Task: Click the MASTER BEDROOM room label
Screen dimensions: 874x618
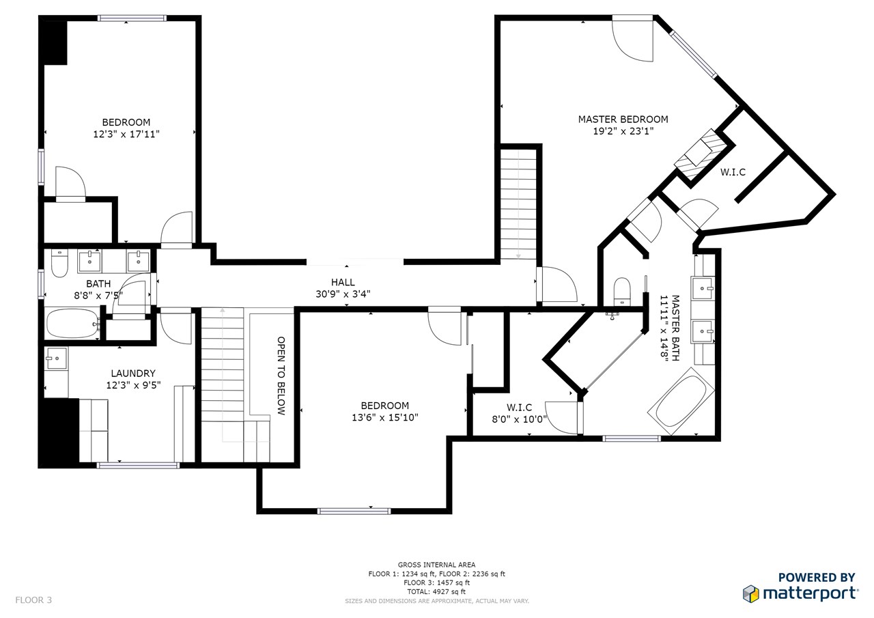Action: tap(623, 120)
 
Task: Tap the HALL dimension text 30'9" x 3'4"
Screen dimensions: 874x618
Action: tap(343, 294)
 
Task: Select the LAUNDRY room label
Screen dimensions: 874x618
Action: tap(133, 374)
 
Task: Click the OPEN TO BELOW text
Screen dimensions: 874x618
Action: tap(281, 376)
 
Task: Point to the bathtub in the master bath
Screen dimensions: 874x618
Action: tap(681, 401)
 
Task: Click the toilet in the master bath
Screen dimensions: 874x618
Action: tap(622, 292)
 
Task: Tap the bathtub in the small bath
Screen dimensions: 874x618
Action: tap(73, 324)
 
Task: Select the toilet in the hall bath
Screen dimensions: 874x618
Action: tap(59, 264)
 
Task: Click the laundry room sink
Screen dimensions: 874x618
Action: tap(56, 358)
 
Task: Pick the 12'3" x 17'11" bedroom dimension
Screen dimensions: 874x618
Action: tap(126, 135)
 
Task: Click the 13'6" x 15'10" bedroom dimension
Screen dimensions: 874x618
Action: tap(384, 417)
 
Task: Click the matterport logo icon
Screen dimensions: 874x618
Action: tap(750, 594)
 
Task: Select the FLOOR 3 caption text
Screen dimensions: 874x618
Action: tap(33, 600)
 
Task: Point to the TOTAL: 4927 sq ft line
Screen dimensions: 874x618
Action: tap(436, 591)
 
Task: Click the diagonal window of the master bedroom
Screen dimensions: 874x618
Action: tap(694, 55)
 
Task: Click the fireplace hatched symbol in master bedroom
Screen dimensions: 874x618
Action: tap(701, 154)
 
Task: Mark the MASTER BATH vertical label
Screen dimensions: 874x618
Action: tap(670, 328)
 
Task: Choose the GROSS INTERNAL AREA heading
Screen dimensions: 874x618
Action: tap(436, 565)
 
